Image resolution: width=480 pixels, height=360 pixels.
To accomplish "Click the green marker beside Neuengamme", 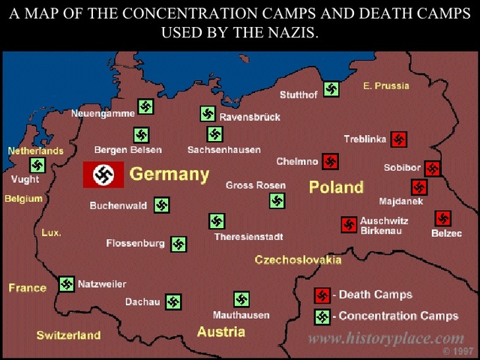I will click(145, 107).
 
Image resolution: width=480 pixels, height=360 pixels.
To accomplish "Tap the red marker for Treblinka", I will click(399, 139).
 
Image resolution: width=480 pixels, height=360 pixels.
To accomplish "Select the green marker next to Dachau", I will click(173, 302).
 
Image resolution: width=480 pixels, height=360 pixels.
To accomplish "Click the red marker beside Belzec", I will click(442, 219).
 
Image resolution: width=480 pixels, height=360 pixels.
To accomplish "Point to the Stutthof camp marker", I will click(331, 90).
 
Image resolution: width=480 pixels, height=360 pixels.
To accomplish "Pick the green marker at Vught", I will click(37, 165).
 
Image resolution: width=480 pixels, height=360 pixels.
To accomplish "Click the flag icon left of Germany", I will click(103, 175).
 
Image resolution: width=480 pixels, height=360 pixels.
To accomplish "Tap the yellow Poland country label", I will click(336, 187).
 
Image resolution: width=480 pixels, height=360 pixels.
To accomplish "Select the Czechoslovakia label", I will click(298, 260).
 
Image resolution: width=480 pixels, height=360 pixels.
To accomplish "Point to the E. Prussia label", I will click(386, 86).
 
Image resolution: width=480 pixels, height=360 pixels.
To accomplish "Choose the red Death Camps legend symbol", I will click(322, 295).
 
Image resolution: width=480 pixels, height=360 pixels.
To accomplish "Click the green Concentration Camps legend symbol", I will click(322, 316).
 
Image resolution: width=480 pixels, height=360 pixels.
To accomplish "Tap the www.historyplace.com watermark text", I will click(385, 338).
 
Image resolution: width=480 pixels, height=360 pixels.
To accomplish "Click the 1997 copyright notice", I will click(458, 351).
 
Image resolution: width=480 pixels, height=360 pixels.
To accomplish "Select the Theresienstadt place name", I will click(248, 237).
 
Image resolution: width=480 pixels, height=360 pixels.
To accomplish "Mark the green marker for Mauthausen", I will click(241, 299).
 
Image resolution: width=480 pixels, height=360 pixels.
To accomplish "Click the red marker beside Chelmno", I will click(330, 161).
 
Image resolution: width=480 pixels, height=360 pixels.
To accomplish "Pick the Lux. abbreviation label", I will click(51, 233).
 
